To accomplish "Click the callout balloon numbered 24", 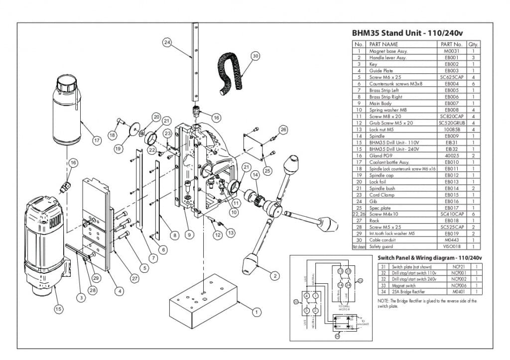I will point(167,42).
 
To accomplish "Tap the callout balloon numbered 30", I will point(255,56).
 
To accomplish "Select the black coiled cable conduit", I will point(232,70).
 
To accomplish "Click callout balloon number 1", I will point(256,312).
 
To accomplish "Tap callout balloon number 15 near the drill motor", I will point(58,309).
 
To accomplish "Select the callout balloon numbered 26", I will point(283,130).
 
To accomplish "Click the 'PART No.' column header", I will point(452,44).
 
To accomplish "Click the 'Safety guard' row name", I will point(381,246).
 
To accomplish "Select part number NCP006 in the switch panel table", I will point(451,286).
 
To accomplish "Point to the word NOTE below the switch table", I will point(384,301).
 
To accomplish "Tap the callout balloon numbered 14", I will point(255,175).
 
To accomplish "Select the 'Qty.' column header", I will point(473,44).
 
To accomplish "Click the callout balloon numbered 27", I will point(134,279).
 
